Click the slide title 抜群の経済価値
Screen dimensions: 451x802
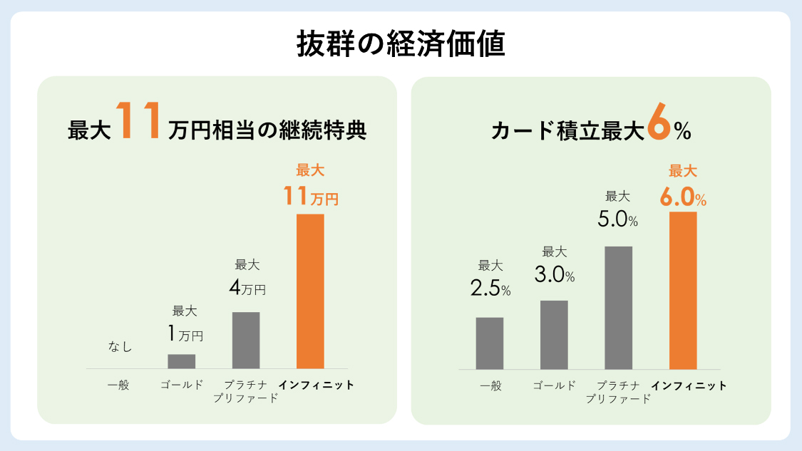401,44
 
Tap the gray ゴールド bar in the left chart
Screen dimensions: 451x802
181,361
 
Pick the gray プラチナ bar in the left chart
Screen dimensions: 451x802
246,340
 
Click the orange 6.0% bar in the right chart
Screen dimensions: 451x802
683,290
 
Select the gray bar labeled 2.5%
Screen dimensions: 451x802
490,343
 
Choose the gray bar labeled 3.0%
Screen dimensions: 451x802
554,334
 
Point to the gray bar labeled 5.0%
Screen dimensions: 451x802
619,307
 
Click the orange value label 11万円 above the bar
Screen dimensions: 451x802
310,196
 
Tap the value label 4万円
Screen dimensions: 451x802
247,289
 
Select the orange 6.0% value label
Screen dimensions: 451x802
683,197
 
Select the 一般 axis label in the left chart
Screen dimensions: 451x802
118,385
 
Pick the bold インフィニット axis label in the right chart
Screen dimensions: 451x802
689,385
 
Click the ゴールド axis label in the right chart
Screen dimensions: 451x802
554,385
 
